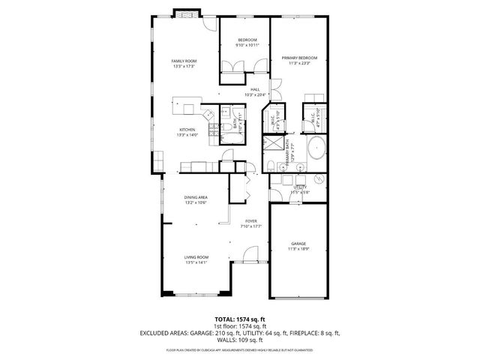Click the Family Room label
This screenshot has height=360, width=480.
click(183, 61)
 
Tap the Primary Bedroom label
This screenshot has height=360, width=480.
click(299, 58)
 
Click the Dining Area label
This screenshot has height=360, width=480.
click(195, 197)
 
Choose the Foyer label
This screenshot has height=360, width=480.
click(251, 221)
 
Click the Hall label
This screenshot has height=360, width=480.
click(255, 90)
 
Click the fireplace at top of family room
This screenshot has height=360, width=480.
click(187, 13)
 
